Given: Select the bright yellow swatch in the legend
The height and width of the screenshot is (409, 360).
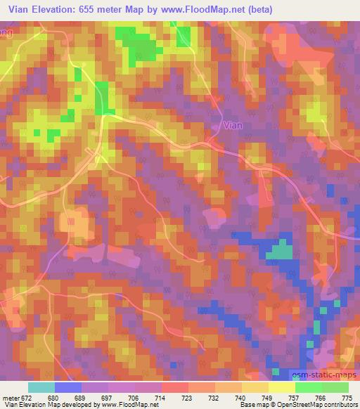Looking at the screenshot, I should pos(281,387).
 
